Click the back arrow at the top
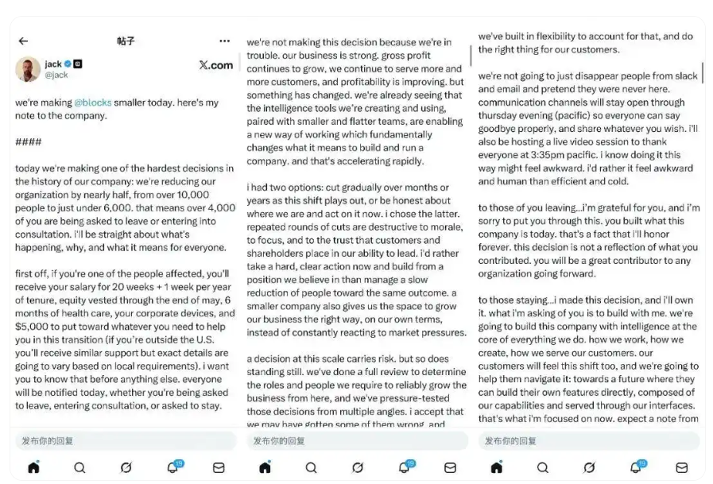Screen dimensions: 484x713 click(x=23, y=41)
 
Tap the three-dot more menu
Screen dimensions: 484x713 click(x=225, y=41)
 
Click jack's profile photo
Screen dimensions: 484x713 click(x=28, y=69)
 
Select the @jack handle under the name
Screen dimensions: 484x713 click(x=56, y=75)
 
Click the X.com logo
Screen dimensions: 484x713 click(x=215, y=65)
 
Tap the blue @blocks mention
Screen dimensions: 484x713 click(x=93, y=103)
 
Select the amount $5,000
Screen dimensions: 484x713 click(x=33, y=327)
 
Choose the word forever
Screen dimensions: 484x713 click(x=496, y=247)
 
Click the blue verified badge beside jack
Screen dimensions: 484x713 click(x=69, y=64)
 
